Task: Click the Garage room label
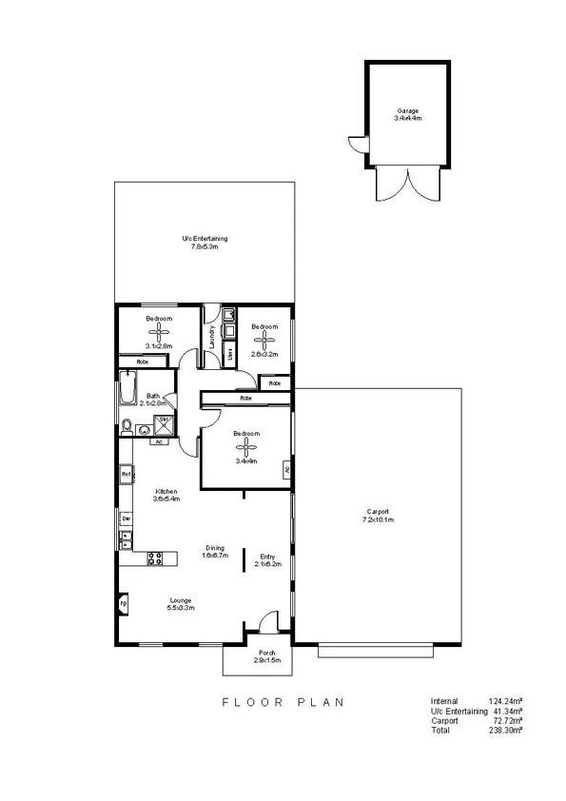[x=408, y=110]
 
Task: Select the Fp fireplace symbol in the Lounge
[x=124, y=603]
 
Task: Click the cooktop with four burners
[x=157, y=558]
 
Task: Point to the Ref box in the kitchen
[x=125, y=473]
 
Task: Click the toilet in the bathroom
[x=127, y=427]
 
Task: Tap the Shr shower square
[x=163, y=420]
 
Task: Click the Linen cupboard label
[x=230, y=354]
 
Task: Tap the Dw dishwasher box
[x=125, y=518]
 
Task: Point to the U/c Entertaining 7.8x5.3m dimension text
[x=205, y=247]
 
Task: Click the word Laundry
[x=210, y=338]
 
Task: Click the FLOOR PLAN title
[x=283, y=702]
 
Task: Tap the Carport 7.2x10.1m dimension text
[x=378, y=519]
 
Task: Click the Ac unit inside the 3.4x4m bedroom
[x=286, y=469]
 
